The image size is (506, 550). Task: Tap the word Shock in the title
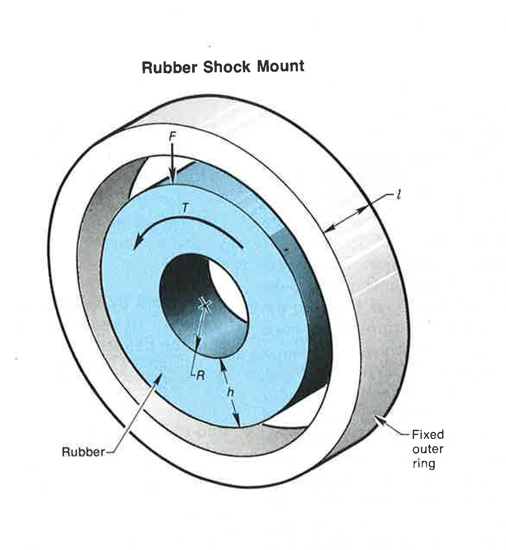[227, 67]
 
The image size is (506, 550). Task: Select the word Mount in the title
[281, 66]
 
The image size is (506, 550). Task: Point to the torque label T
[185, 208]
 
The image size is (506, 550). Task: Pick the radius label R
[200, 375]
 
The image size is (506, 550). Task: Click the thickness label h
[231, 392]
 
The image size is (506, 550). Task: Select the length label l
[399, 195]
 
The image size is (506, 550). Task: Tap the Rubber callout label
[83, 452]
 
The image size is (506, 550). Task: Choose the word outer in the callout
[427, 449]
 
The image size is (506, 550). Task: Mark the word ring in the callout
[424, 464]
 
